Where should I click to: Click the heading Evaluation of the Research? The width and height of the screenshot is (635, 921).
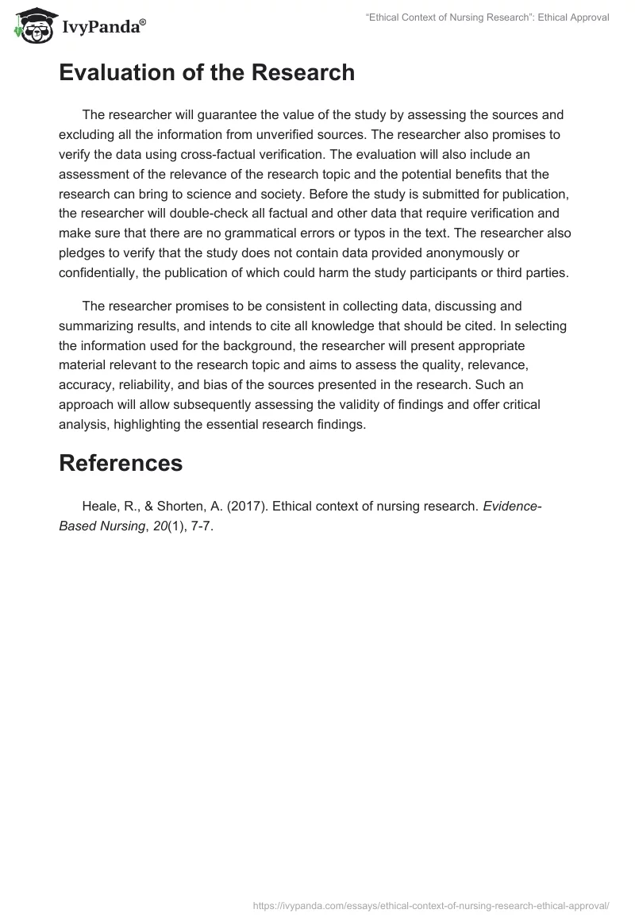206,73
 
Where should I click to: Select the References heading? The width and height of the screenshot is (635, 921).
121,463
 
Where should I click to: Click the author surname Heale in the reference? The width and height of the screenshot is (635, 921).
99,507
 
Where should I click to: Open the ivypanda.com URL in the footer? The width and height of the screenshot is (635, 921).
430,904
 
